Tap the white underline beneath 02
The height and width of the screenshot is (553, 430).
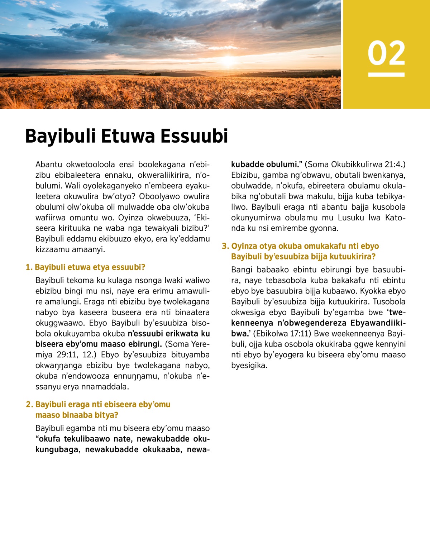[386, 75]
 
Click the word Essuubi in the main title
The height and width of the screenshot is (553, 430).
[194, 136]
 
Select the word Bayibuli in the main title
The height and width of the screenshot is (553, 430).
[60, 136]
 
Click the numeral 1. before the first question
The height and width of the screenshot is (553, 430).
[29, 267]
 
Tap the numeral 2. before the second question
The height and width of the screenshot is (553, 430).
[29, 405]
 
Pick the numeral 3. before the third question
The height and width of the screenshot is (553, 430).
[225, 246]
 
